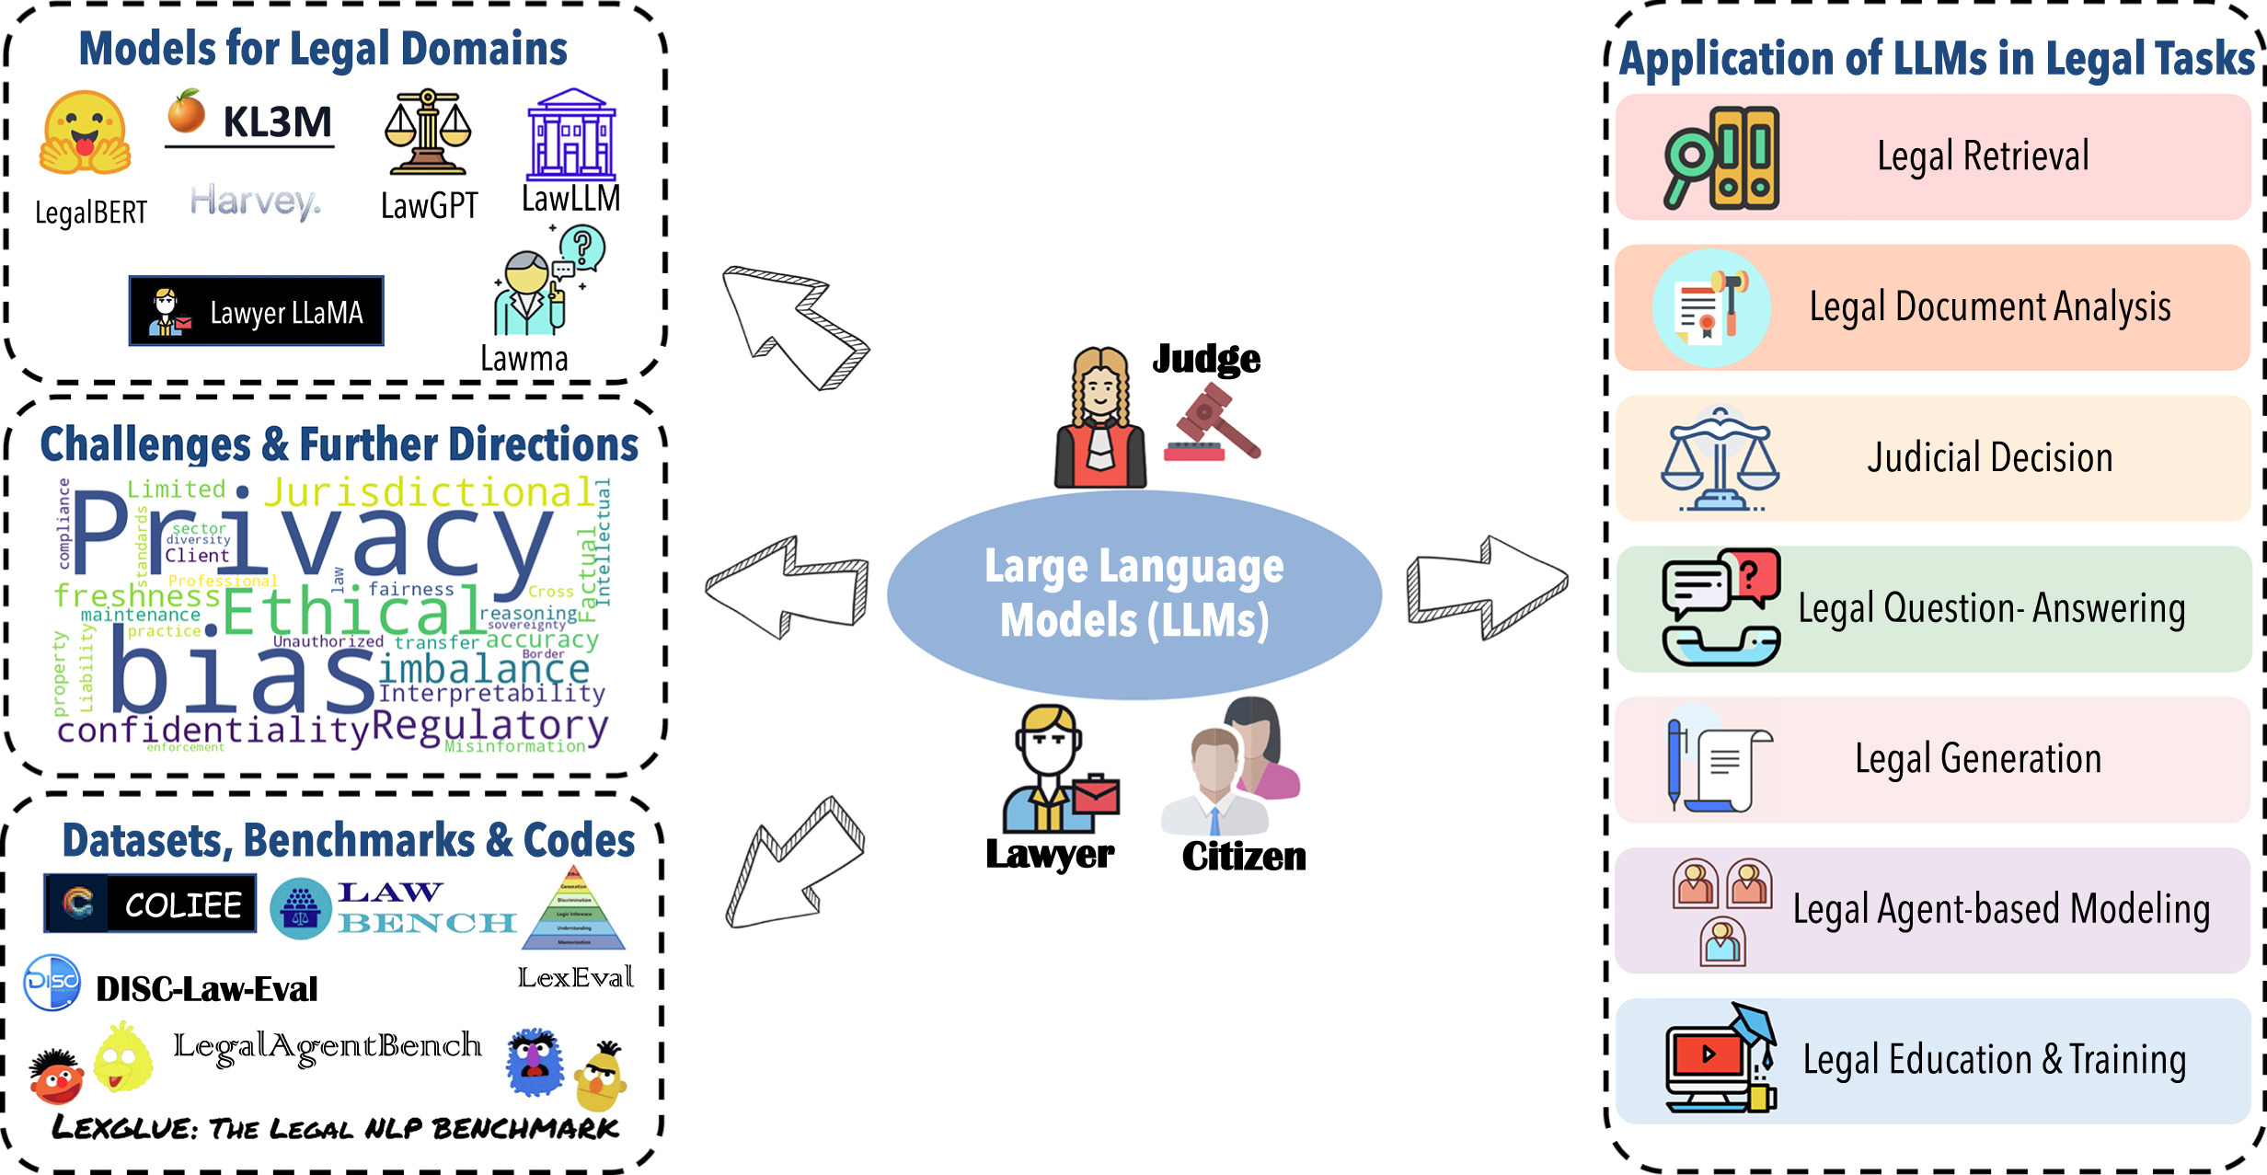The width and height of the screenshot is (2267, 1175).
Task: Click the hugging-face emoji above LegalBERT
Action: (85, 133)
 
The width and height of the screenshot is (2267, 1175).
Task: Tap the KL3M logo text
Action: (276, 122)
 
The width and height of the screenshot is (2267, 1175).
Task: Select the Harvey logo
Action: (255, 202)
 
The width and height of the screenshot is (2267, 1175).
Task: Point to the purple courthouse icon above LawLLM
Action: (571, 135)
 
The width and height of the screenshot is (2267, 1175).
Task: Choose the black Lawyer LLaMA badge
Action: (256, 311)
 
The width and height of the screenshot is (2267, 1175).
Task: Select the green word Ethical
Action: (351, 611)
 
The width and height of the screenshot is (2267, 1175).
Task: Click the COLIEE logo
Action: (150, 904)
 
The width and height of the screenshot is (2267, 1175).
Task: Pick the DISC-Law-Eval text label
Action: (206, 989)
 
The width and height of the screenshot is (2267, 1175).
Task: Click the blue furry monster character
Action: (535, 1062)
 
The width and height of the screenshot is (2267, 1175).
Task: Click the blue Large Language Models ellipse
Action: (1133, 594)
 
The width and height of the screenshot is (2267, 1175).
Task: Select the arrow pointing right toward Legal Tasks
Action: (1487, 587)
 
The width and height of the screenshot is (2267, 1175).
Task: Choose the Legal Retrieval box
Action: (1932, 157)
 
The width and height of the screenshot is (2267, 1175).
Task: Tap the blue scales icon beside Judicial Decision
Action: (1719, 458)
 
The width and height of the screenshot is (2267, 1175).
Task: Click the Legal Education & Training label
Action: (1994, 1060)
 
